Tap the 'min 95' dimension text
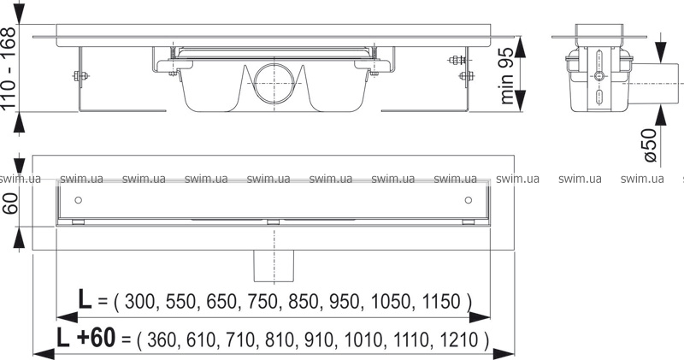click(x=506, y=75)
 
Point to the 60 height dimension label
click(x=10, y=204)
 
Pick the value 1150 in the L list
click(x=441, y=302)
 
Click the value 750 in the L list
click(x=262, y=302)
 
